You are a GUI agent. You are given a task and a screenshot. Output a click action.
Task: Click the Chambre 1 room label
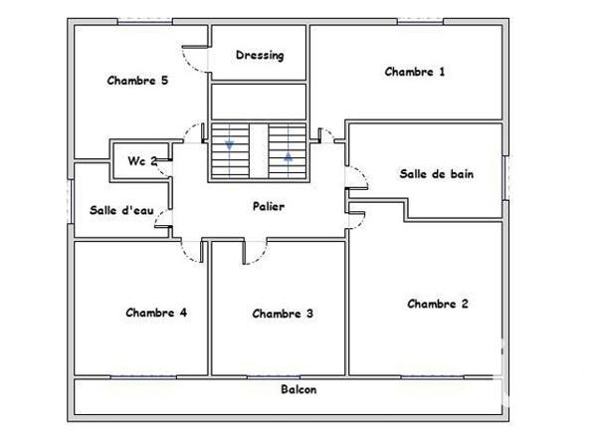(415, 71)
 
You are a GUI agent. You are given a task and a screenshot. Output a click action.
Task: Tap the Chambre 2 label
(438, 304)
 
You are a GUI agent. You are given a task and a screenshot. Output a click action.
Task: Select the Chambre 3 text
(283, 314)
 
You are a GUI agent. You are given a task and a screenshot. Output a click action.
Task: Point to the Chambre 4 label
(156, 312)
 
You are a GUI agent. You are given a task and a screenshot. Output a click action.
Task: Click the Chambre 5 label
(137, 81)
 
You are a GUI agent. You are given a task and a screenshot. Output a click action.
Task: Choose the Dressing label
(260, 56)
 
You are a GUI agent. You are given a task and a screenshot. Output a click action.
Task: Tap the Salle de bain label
(436, 173)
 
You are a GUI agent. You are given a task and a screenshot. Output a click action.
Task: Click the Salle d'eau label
(121, 209)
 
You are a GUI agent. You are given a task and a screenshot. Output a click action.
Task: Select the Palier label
(268, 206)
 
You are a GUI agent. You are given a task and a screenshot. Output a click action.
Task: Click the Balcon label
(298, 389)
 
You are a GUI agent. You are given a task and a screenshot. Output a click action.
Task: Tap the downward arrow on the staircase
(230, 145)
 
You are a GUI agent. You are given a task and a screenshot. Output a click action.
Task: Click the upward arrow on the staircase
(289, 155)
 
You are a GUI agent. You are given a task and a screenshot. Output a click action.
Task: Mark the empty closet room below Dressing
(258, 102)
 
